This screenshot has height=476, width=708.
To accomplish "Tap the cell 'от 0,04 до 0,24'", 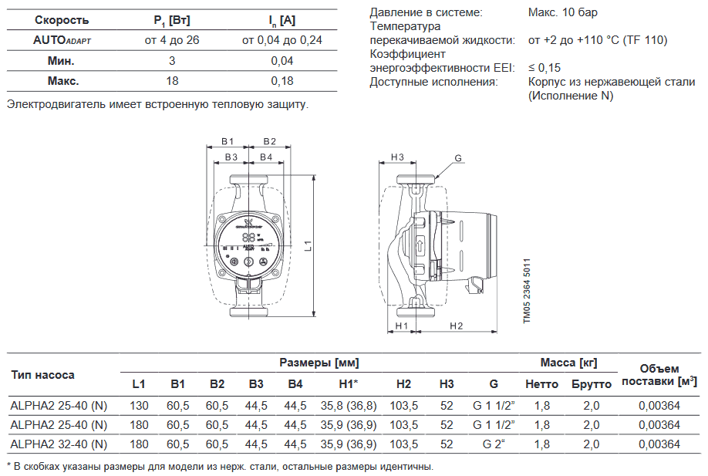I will click(282, 40).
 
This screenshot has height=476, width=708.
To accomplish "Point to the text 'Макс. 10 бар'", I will click(563, 12).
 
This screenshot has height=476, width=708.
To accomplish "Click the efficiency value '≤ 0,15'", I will click(544, 68).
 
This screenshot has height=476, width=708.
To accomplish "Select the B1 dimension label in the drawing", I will click(227, 141).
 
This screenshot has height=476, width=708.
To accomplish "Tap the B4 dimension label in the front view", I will click(265, 157).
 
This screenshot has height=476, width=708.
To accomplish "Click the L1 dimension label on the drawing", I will click(307, 247).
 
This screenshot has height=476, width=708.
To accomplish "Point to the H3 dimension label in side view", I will click(397, 157).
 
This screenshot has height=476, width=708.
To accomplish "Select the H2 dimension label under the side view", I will click(456, 326).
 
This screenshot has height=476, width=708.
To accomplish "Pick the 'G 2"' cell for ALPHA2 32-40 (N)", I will click(494, 444).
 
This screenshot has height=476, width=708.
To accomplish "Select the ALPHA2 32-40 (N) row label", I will click(59, 444).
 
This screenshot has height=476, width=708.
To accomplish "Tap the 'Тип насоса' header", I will click(43, 375).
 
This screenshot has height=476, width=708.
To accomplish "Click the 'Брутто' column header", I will click(592, 384).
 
